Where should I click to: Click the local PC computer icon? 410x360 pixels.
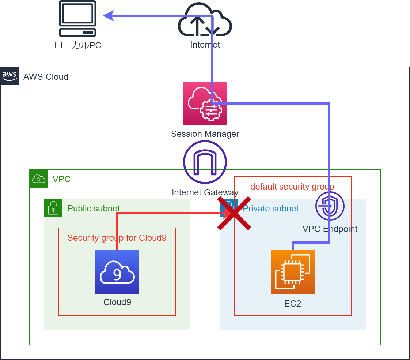point(78,19)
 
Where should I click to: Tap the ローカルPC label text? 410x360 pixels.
point(78,45)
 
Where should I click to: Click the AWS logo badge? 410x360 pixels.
point(10,76)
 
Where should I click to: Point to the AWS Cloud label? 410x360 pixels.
point(46,77)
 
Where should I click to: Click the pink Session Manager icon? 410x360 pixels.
point(205,104)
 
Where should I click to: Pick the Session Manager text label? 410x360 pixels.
point(205,134)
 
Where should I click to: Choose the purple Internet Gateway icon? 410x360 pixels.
point(205,162)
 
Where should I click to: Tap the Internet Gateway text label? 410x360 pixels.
point(205,192)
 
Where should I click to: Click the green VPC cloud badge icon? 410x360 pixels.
point(39,179)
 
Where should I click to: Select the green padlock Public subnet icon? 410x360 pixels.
point(53,208)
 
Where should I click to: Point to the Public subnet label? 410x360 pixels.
point(94,209)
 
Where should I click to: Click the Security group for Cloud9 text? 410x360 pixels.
point(117,238)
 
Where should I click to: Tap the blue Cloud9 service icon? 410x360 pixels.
point(117,272)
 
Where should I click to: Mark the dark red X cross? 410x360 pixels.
point(234,213)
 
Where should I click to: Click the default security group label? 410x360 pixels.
point(292,187)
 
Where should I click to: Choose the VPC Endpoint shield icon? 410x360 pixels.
point(330,206)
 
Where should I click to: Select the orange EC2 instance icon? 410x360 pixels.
point(292,272)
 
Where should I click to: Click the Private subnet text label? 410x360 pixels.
point(271,209)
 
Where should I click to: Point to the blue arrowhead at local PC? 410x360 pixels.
point(109,15)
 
